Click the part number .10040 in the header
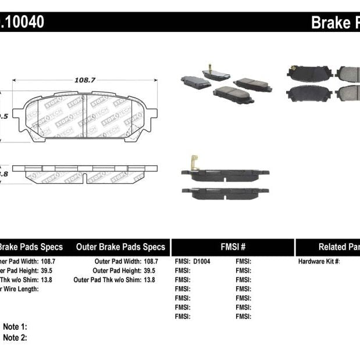(22, 22)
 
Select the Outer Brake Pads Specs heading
(120, 247)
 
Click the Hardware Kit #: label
(319, 262)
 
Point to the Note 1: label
(15, 327)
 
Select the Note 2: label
(15, 337)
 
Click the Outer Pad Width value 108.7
(150, 262)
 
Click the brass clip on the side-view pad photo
(193, 162)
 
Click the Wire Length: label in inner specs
(20, 289)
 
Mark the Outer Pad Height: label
(116, 270)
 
